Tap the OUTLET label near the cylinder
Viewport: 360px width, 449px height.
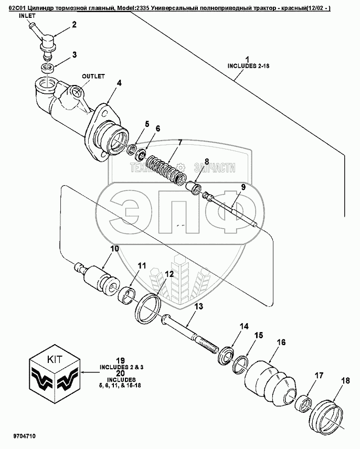93,76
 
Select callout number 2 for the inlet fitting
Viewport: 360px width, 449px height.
74,25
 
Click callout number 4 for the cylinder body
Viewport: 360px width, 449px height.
119,82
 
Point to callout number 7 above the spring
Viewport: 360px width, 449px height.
180,142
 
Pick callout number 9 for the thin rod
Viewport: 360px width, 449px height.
243,187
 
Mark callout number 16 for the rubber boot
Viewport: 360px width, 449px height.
281,343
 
